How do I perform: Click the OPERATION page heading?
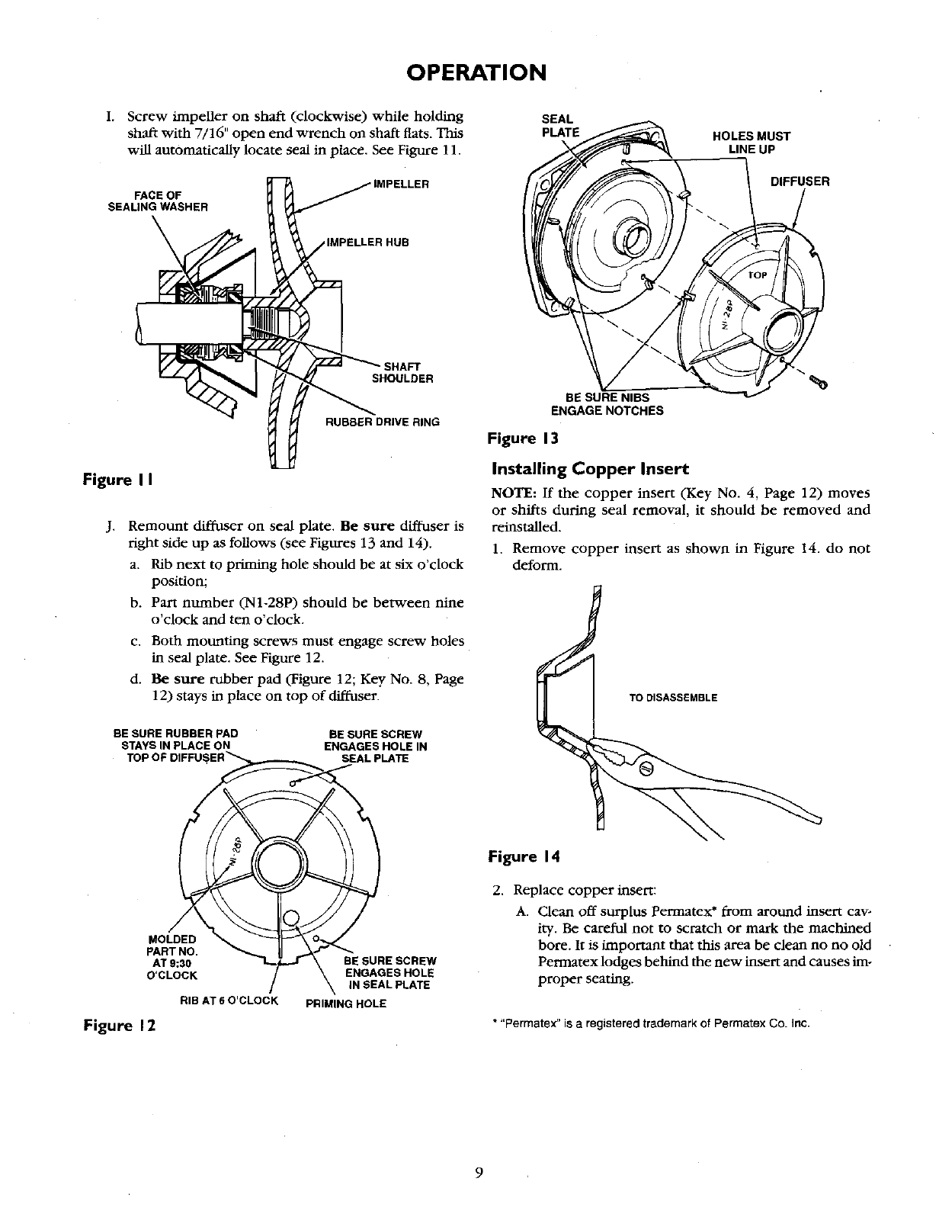(476, 72)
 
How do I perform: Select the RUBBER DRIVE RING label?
(382, 422)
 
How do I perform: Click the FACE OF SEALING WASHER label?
(158, 200)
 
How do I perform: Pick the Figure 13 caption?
(524, 438)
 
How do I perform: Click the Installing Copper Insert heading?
(578, 467)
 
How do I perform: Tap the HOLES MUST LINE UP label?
(751, 143)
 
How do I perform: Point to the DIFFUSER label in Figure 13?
(800, 181)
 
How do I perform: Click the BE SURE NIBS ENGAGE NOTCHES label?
(607, 404)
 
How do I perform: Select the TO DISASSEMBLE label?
(673, 697)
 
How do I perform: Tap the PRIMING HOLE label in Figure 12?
(345, 1004)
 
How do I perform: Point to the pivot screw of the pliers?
(645, 767)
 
